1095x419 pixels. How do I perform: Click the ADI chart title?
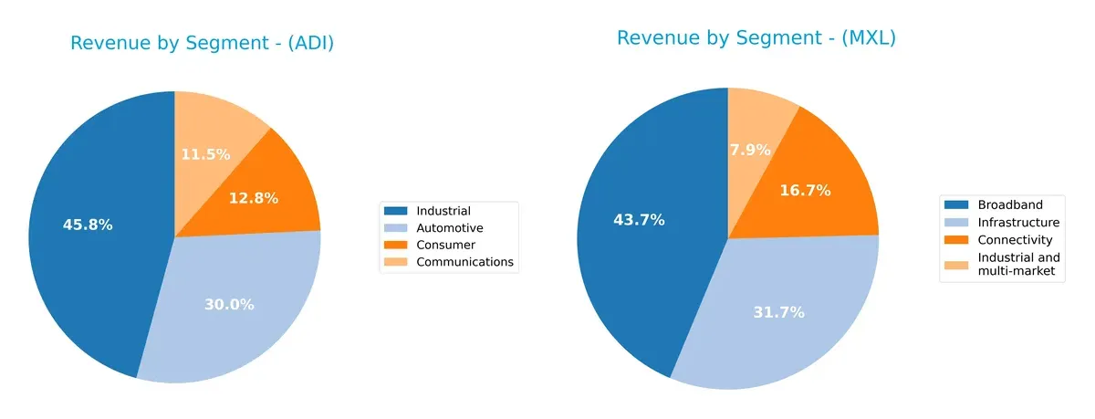pyautogui.click(x=202, y=44)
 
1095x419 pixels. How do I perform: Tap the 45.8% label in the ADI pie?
pyautogui.click(x=88, y=225)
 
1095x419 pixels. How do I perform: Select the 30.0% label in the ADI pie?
pyautogui.click(x=229, y=304)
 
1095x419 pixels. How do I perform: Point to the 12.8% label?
pyautogui.click(x=253, y=198)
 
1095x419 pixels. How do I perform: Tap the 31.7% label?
pyautogui.click(x=779, y=312)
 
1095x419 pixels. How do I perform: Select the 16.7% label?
pyautogui.click(x=805, y=191)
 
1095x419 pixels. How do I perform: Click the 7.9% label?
pyautogui.click(x=750, y=150)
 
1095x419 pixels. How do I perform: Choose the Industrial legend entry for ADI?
pyautogui.click(x=443, y=212)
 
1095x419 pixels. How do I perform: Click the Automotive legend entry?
pyautogui.click(x=449, y=228)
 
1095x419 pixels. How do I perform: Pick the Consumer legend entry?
pyautogui.click(x=445, y=245)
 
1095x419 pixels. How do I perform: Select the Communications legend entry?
pyautogui.click(x=464, y=262)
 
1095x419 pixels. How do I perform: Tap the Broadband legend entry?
pyautogui.click(x=1008, y=204)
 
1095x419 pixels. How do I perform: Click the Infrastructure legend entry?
pyautogui.click(x=1017, y=222)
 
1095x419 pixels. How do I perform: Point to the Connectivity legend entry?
pyautogui.click(x=1014, y=239)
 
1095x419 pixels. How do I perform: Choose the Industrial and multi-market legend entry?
pyautogui.click(x=1017, y=264)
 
